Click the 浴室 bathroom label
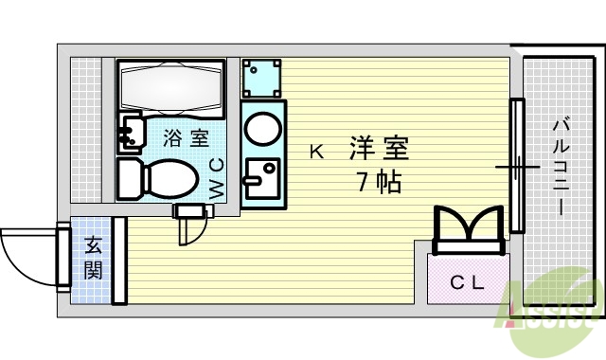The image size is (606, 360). click(186, 138)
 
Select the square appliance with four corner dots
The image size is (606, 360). click(261, 78)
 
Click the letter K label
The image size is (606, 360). click(316, 150)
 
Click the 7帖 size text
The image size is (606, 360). click(379, 180)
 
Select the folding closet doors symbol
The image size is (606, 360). click(468, 230)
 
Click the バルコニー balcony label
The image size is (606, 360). click(560, 167)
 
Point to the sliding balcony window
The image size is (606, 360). click(517, 166)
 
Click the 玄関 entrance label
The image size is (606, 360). click(93, 258)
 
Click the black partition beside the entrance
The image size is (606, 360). click(119, 261)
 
